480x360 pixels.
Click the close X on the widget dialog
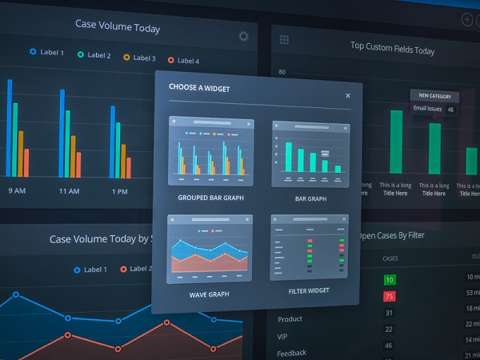click(x=347, y=95)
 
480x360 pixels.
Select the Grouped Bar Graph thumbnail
click(x=211, y=152)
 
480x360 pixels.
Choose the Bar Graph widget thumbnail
click(x=310, y=154)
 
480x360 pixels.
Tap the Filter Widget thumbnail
click(x=310, y=248)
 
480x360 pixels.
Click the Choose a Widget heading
click(x=199, y=89)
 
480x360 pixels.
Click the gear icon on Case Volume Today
click(x=243, y=36)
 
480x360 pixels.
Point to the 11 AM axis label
click(x=69, y=191)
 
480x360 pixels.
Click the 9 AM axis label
click(x=18, y=191)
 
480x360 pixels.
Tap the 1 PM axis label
click(x=119, y=191)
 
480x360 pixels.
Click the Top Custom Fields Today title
click(x=392, y=50)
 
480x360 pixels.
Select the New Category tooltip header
click(x=434, y=95)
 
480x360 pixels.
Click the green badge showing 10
click(x=389, y=280)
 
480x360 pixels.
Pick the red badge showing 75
click(x=389, y=296)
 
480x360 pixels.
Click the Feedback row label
click(x=292, y=353)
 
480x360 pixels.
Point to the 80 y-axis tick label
click(x=282, y=72)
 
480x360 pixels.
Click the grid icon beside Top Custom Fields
click(x=285, y=39)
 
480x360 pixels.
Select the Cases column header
click(x=390, y=258)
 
